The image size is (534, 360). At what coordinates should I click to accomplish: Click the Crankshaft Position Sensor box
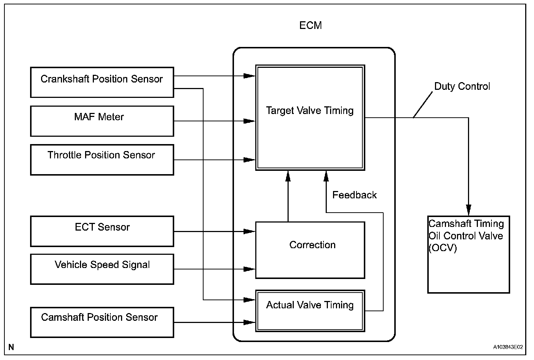click(102, 82)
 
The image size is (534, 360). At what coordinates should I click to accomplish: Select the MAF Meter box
click(102, 121)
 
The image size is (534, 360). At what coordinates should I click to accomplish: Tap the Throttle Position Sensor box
click(102, 160)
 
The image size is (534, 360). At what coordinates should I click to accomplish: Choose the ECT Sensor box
click(102, 231)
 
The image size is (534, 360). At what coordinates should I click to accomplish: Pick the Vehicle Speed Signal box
click(102, 269)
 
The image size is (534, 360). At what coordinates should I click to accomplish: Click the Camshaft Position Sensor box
click(102, 322)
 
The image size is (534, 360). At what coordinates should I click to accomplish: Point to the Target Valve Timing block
click(310, 118)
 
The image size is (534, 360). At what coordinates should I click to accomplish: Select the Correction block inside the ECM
click(310, 250)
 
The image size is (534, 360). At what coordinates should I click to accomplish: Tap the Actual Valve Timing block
click(310, 311)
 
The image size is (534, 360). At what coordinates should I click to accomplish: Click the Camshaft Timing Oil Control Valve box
click(469, 254)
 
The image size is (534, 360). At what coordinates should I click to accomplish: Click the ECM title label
click(310, 25)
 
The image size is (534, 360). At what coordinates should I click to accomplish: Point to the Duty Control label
click(462, 87)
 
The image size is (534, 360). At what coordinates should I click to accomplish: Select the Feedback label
click(355, 195)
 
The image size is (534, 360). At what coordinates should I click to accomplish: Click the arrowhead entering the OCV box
click(469, 210)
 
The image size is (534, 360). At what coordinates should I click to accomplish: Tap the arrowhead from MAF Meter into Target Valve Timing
click(249, 121)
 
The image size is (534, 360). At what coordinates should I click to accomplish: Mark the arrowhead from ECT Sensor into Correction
click(249, 231)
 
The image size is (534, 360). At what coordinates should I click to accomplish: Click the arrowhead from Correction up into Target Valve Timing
click(288, 176)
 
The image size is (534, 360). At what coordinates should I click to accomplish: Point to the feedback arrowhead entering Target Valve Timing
click(326, 176)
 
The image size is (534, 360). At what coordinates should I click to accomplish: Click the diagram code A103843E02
click(508, 347)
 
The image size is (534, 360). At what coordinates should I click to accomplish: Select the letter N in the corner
click(11, 347)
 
